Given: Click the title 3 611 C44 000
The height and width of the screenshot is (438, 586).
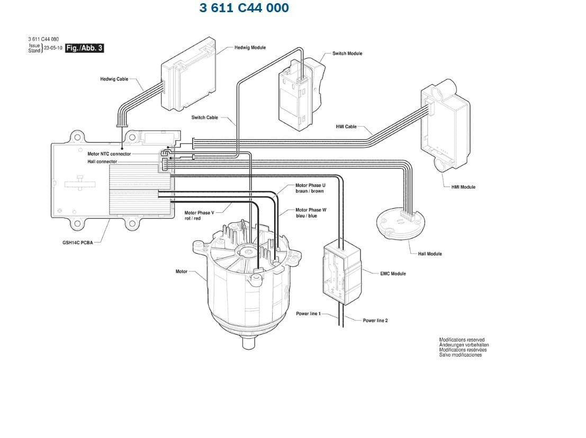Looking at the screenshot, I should coord(244,8).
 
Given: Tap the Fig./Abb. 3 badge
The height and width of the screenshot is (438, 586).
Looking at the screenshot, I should coord(84,48).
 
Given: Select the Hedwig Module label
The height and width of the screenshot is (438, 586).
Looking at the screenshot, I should coord(250,48).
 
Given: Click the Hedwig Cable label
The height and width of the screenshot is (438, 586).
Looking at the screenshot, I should coord(114,79).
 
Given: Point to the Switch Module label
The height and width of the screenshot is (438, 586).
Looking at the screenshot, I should coord(347,53).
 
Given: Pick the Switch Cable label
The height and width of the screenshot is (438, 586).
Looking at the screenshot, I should coord(205,118).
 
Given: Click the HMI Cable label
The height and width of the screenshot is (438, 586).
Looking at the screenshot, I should coord(346,127).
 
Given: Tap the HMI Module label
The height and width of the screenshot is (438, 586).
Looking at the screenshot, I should coord(463,187).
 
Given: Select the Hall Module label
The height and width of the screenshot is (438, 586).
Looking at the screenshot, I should coord(430,254).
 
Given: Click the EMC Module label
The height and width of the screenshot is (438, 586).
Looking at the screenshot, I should coord(393,274).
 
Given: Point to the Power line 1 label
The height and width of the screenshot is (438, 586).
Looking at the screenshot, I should coord(308,314).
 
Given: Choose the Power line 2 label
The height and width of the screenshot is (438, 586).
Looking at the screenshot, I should coord(375,320).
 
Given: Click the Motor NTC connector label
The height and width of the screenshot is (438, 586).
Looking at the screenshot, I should coord(109,154).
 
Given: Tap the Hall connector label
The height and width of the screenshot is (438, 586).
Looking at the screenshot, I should coord(102,162).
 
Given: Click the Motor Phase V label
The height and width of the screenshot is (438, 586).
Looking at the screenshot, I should coord(199,212).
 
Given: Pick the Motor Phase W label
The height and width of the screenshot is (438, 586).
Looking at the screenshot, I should coord(311,210).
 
